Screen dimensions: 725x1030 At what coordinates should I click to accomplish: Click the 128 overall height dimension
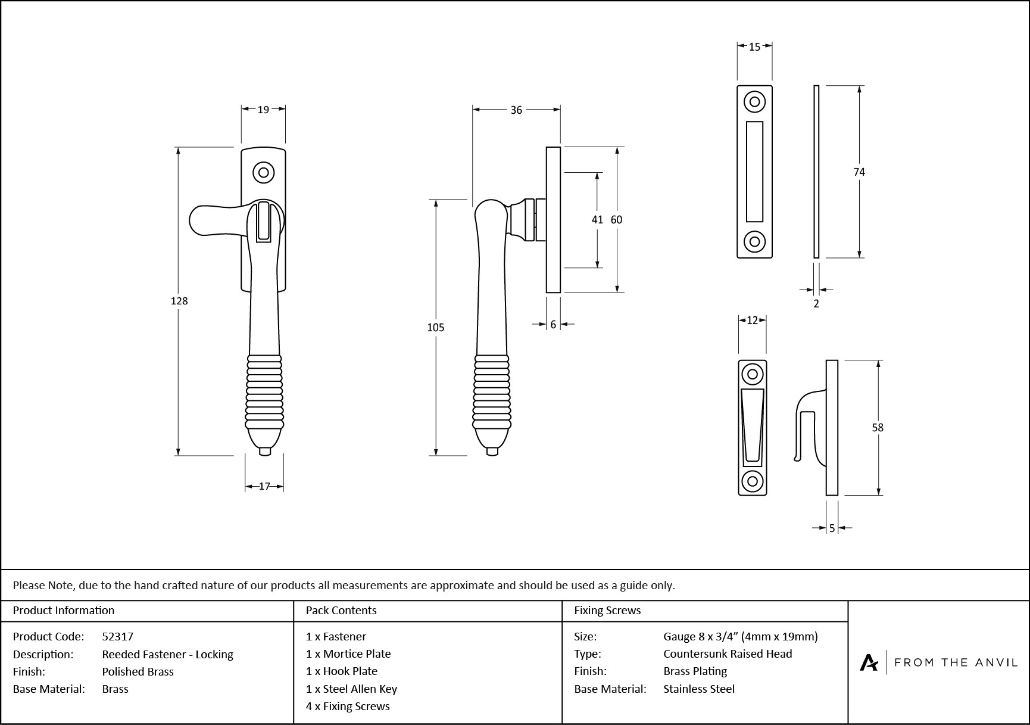(179, 301)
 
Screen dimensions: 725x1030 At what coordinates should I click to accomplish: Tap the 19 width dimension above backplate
(263, 109)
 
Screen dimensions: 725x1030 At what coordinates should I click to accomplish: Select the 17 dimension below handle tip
(264, 486)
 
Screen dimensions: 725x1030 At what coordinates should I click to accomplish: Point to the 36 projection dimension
(516, 110)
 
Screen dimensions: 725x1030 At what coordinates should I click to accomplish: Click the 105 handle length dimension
(436, 327)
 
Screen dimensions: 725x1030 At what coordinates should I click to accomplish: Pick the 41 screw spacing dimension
(597, 219)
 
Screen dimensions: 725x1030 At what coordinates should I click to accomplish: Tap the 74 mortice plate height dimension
(859, 172)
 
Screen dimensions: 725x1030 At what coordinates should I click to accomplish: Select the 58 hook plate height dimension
(878, 427)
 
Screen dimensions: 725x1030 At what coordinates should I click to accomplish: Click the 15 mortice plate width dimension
(754, 46)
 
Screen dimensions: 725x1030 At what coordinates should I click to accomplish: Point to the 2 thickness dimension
(816, 303)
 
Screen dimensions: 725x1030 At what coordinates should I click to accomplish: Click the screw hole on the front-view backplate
(263, 173)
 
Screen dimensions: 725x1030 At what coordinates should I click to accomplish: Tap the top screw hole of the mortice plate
(754, 102)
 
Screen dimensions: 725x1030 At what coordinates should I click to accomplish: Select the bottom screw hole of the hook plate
(752, 481)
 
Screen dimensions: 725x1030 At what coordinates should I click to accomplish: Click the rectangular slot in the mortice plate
(754, 172)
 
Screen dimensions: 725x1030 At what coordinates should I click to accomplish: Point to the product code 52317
(118, 636)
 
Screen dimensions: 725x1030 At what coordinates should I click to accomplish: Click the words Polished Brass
(138, 671)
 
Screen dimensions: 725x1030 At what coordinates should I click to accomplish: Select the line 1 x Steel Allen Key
(351, 689)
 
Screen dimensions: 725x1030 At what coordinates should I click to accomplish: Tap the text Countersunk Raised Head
(728, 654)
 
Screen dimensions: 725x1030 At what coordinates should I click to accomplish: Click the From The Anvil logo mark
(869, 662)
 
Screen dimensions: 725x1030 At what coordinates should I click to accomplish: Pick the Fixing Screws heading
(607, 610)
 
